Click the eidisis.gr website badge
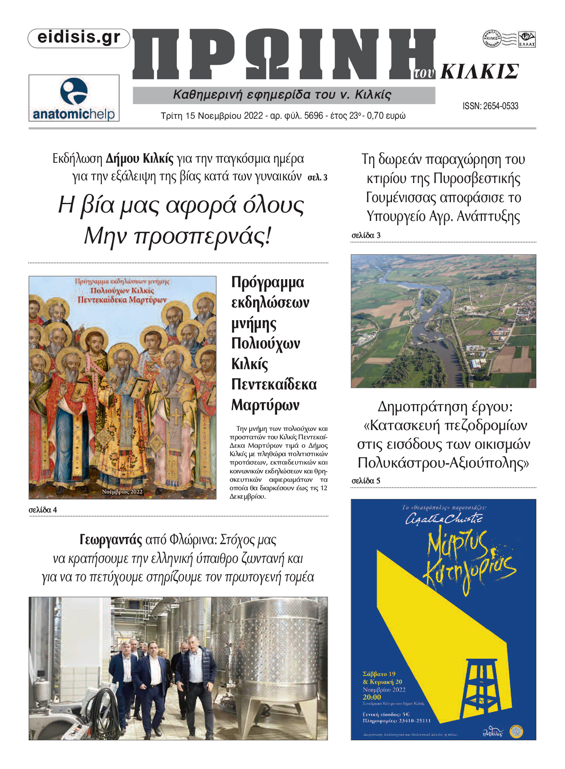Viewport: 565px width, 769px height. pyautogui.click(x=79, y=38)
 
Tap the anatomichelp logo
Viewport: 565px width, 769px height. pyautogui.click(x=74, y=98)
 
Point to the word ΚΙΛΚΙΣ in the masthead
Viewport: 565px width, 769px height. pyautogui.click(x=480, y=72)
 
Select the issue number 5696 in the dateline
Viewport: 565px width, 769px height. pyautogui.click(x=314, y=116)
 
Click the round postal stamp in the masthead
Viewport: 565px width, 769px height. pyautogui.click(x=492, y=39)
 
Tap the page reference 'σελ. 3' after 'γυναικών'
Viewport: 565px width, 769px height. pyautogui.click(x=317, y=177)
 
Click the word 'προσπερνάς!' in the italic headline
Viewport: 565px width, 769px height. pyautogui.click(x=203, y=236)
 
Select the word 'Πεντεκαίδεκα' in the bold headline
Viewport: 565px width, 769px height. pyautogui.click(x=274, y=384)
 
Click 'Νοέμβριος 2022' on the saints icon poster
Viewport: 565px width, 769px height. pyautogui.click(x=122, y=492)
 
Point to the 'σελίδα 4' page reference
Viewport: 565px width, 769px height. pyautogui.click(x=43, y=510)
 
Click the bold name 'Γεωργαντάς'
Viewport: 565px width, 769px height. pyautogui.click(x=111, y=540)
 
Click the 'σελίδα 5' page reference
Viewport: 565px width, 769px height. pyautogui.click(x=366, y=481)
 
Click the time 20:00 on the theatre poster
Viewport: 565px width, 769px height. pyautogui.click(x=372, y=697)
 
